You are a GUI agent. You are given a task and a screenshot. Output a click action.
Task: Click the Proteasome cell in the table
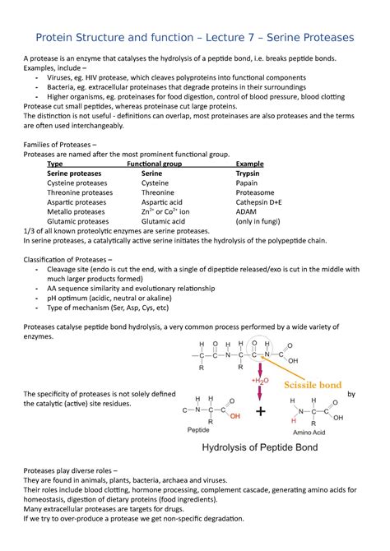tap(254, 193)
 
